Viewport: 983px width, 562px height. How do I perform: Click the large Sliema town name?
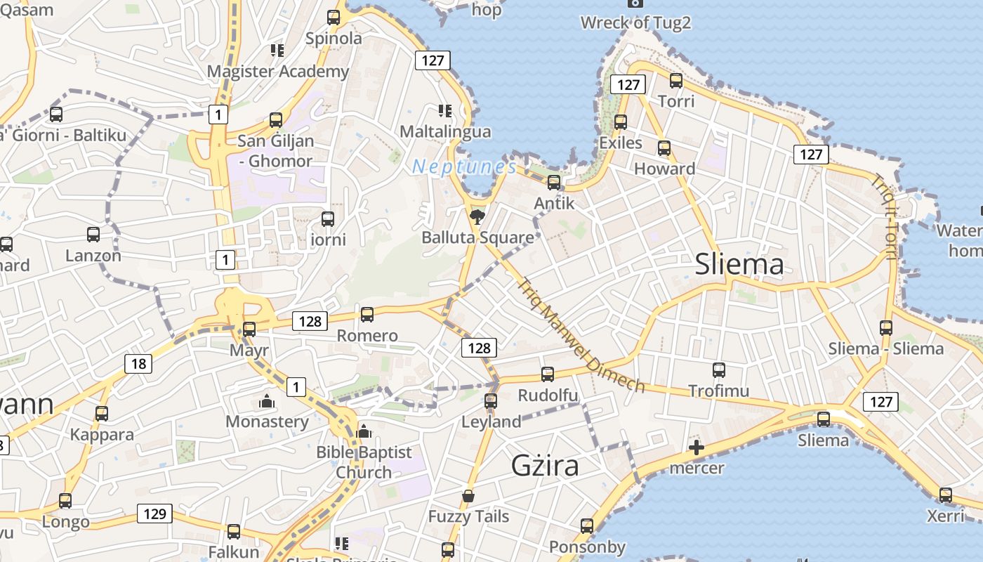tap(739, 264)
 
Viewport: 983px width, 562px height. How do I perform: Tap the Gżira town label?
tap(545, 466)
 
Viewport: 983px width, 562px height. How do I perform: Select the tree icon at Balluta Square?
tap(477, 215)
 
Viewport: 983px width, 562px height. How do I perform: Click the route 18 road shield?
tap(138, 363)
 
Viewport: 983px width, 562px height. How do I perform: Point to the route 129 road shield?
tap(154, 514)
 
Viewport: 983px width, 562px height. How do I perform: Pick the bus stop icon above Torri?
tap(676, 81)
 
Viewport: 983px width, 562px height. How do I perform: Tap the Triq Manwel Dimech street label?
tap(581, 336)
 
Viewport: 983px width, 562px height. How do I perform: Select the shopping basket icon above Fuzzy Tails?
tap(468, 497)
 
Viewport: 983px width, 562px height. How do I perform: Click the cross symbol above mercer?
tap(697, 447)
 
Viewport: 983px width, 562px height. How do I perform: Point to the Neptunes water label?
tap(464, 166)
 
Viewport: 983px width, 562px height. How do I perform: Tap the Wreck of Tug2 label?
tap(635, 22)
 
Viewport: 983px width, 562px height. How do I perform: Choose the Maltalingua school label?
tap(445, 131)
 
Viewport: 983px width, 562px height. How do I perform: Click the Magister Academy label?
tap(278, 71)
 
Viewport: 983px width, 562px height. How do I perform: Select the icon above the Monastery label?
tap(267, 402)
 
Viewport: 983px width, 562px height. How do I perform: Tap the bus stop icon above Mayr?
tap(249, 329)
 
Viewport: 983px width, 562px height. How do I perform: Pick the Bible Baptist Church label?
tap(364, 462)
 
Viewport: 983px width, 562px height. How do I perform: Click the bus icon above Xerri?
tap(946, 495)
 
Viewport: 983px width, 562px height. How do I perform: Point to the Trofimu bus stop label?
tap(718, 391)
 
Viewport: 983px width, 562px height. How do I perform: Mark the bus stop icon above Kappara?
tap(102, 414)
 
